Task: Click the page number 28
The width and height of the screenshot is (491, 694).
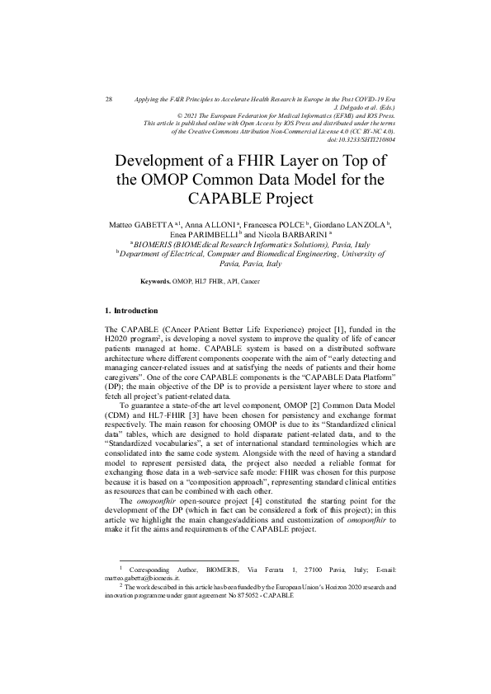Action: (x=109, y=99)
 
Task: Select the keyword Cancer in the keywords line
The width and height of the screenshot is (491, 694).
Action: (x=250, y=281)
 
